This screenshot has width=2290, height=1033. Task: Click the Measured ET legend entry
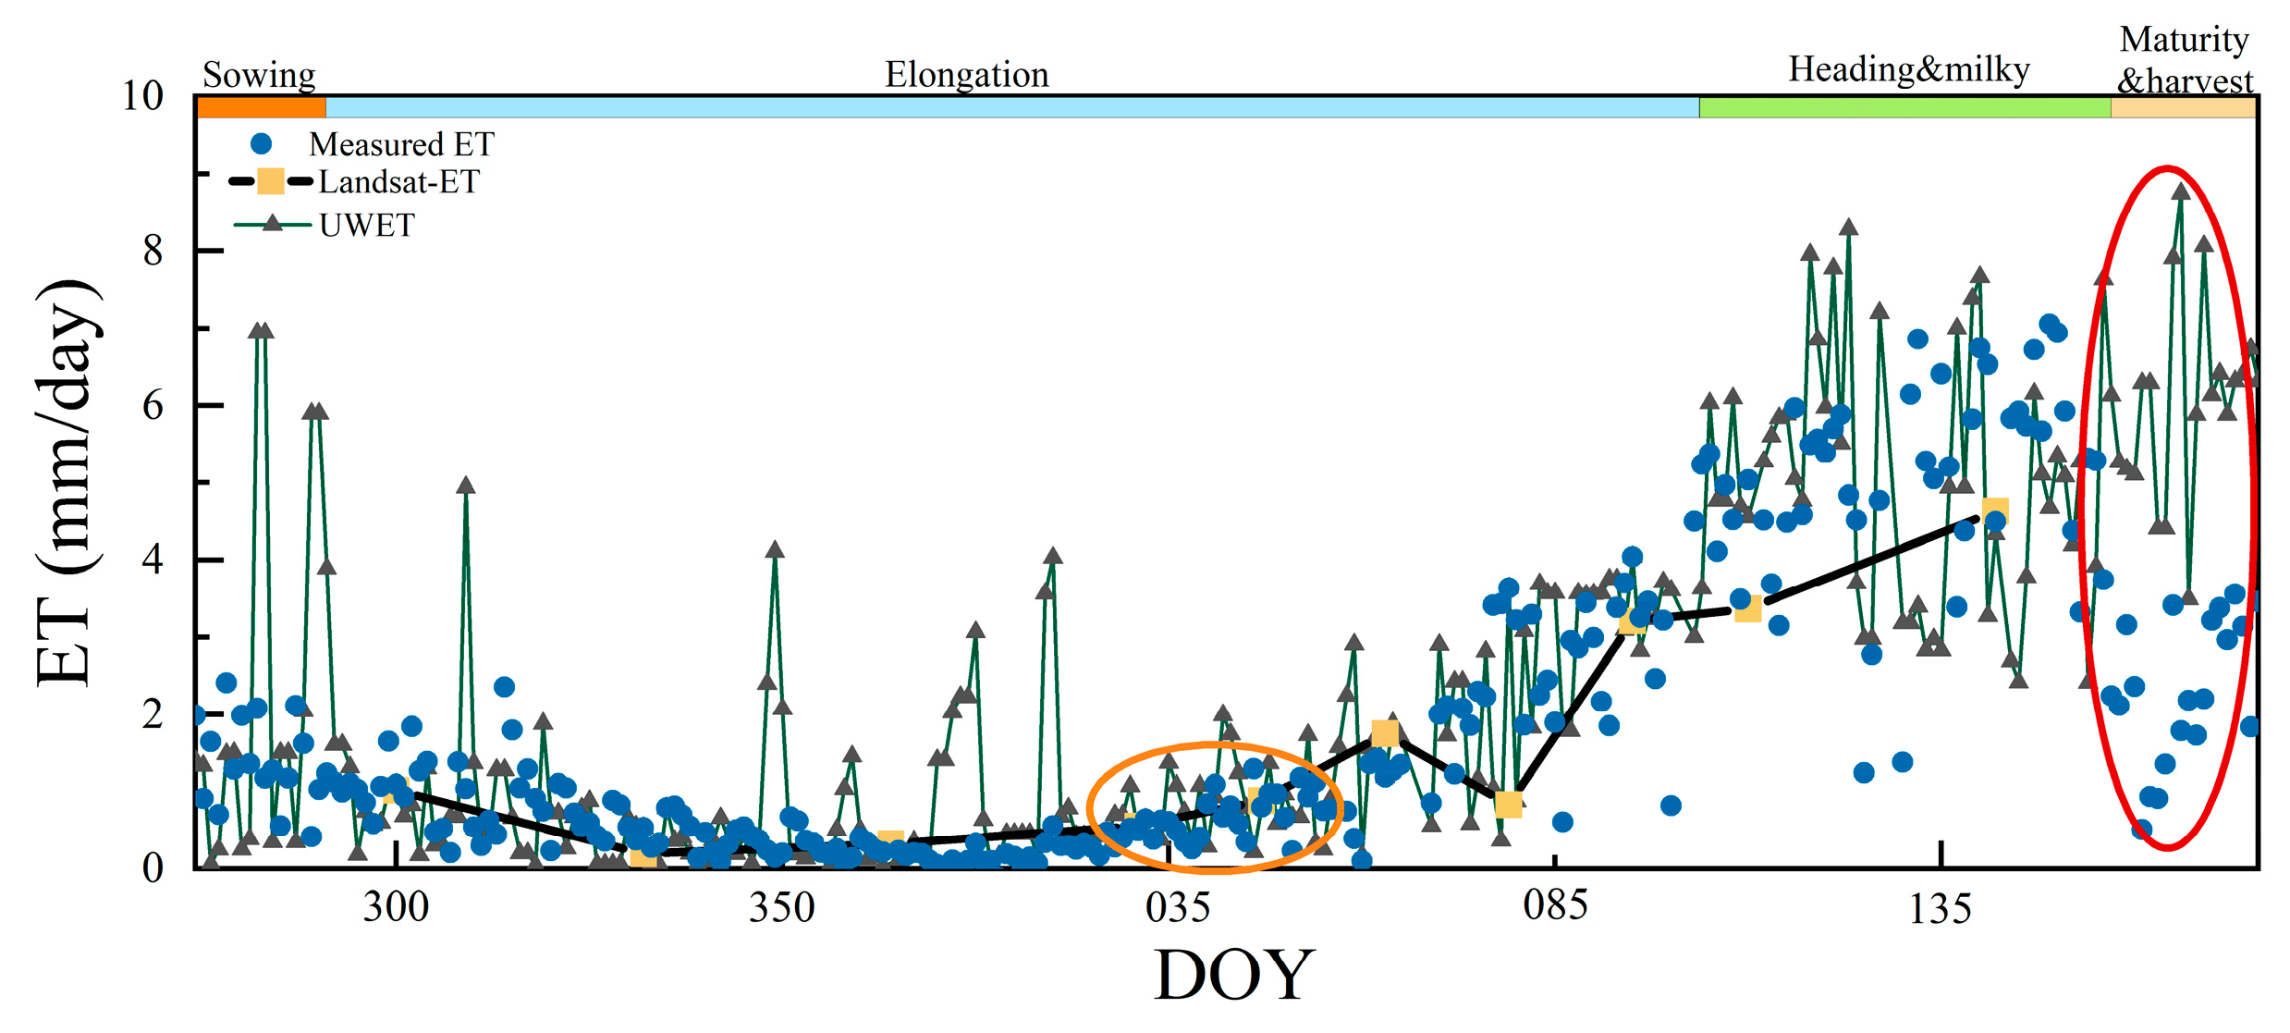(x=400, y=144)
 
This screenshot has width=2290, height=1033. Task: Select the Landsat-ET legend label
(x=398, y=182)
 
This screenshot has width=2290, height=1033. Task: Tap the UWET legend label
(x=366, y=225)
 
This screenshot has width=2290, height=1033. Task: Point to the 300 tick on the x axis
(x=396, y=907)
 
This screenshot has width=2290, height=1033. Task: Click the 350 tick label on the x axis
(x=782, y=907)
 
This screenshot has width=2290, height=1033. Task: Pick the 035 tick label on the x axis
(x=1177, y=907)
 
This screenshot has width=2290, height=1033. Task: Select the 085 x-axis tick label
(x=1556, y=904)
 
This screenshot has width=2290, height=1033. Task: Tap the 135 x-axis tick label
(x=1941, y=909)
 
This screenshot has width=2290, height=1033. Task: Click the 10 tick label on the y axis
(x=142, y=95)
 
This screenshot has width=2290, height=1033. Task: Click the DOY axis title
(x=1234, y=975)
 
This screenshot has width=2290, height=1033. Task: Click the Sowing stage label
(x=259, y=74)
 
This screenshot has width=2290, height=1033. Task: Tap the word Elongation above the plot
(x=967, y=74)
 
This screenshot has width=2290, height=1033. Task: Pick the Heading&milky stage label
(x=1908, y=69)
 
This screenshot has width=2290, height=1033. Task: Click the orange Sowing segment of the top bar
(x=262, y=107)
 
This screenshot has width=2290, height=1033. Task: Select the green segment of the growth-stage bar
(x=1904, y=107)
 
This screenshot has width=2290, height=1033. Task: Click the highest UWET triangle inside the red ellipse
(x=2181, y=191)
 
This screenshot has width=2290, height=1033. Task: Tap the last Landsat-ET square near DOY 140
(x=1995, y=510)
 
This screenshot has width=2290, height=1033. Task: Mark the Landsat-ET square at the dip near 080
(x=1509, y=805)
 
